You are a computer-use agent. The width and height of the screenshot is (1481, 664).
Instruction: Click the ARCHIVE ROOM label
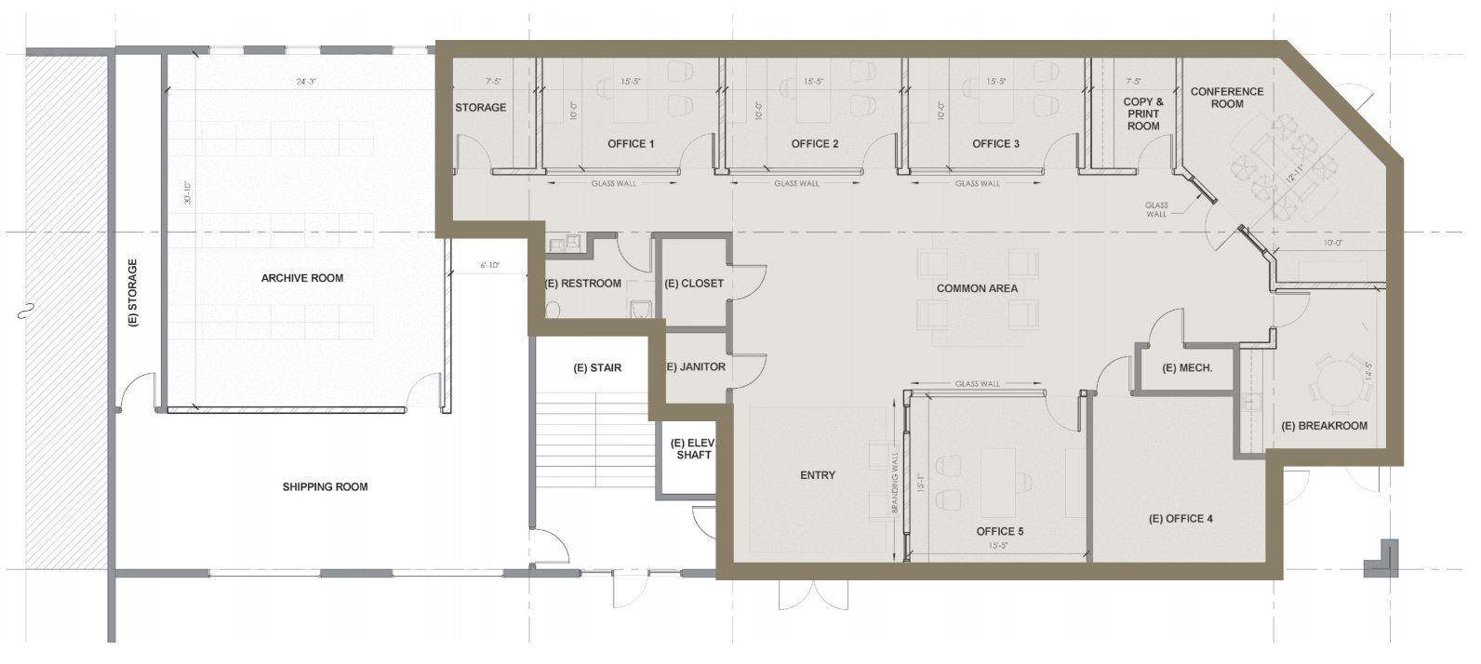(x=301, y=278)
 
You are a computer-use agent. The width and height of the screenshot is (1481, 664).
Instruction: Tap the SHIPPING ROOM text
(x=325, y=486)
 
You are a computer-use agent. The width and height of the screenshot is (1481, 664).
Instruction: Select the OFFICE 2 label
(x=815, y=144)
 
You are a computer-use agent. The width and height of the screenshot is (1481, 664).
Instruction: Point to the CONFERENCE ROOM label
(x=1227, y=98)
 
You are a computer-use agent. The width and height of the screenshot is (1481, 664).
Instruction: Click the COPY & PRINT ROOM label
(x=1143, y=113)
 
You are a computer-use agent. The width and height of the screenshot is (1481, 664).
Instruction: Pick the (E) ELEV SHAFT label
(x=693, y=448)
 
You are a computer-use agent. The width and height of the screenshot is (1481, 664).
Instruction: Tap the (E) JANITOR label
(x=696, y=367)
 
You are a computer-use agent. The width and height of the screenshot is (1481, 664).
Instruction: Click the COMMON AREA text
(x=977, y=288)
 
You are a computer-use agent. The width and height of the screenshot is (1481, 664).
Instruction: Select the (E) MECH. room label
(x=1187, y=368)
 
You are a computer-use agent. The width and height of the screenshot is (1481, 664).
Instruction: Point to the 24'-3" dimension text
(x=306, y=82)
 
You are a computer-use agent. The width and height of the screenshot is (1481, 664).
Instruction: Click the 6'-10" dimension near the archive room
(x=489, y=266)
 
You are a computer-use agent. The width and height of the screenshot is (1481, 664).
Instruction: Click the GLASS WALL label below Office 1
(x=614, y=183)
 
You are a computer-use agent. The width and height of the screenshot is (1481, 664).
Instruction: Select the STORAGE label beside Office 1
(x=480, y=108)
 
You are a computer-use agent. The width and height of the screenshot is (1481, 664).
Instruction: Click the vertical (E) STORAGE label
(x=133, y=293)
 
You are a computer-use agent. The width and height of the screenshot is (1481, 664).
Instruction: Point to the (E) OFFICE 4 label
(x=1181, y=519)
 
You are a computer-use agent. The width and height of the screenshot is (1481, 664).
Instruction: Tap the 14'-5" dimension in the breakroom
(x=1367, y=372)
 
